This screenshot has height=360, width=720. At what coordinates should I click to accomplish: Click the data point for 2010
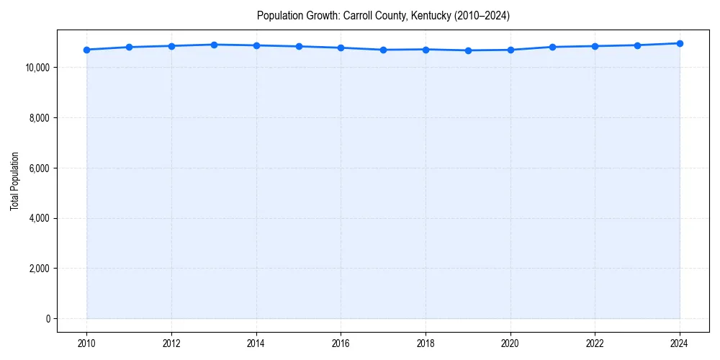point(86,50)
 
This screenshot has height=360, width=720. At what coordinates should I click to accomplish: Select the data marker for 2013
point(214,45)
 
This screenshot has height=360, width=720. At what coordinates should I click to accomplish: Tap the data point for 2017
point(383,50)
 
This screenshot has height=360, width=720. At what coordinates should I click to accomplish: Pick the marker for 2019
point(468,50)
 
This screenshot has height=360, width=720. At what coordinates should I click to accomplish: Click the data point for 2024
point(680,43)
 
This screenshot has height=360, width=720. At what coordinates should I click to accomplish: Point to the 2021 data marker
point(552,47)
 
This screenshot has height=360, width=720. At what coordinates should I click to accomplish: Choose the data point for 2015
point(299,47)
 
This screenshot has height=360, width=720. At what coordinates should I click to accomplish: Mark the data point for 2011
point(129,47)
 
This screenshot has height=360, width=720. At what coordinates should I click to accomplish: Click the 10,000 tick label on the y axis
point(36,68)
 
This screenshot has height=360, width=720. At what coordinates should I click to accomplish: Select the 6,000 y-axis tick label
point(38,168)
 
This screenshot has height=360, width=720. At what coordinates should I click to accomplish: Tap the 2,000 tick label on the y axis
point(38,269)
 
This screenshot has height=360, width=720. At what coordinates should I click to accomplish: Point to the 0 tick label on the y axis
point(47,319)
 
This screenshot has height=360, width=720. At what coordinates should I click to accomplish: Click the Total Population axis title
point(14,181)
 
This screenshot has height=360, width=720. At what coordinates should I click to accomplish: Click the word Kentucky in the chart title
point(431,16)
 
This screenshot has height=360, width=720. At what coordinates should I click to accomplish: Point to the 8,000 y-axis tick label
point(38,118)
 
